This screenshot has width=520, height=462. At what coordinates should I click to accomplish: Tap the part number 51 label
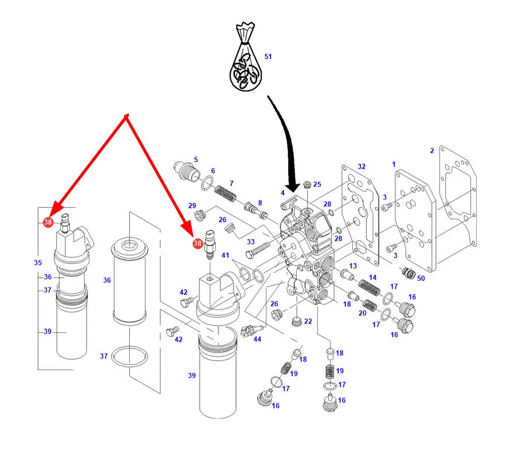[x=268, y=57]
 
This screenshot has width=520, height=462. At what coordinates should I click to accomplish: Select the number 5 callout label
[x=196, y=160]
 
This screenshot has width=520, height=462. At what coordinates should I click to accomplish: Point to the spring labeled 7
[x=226, y=194]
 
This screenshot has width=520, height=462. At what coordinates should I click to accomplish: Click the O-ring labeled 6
[x=207, y=183]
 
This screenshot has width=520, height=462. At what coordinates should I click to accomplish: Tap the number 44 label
[x=257, y=339]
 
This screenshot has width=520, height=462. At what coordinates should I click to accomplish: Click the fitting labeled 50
[x=408, y=273]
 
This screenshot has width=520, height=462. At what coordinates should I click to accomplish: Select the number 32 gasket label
[x=362, y=166]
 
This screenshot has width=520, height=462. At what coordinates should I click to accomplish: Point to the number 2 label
[x=432, y=151]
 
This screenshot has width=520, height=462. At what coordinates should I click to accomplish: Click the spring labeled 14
[x=369, y=288]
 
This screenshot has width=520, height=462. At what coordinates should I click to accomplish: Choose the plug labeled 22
[x=297, y=321]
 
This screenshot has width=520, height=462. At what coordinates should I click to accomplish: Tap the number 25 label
[x=317, y=184]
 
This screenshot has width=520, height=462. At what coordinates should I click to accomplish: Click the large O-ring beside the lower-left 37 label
[x=130, y=357]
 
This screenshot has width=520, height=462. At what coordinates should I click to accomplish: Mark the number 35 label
[x=38, y=263]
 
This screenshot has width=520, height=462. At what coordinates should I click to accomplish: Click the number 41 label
[x=225, y=255]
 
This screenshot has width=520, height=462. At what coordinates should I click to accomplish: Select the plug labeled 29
[x=200, y=216]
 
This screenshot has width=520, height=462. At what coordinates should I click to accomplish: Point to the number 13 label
[x=353, y=266]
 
